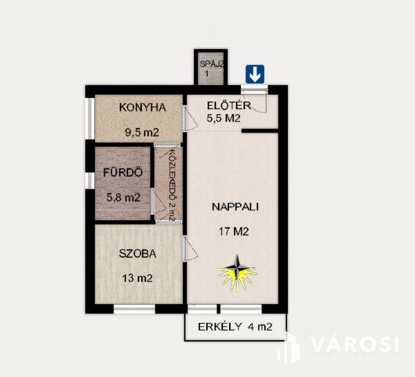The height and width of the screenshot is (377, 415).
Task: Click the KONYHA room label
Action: click(x=142, y=108)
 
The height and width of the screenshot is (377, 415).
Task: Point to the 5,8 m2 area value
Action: click(x=123, y=197)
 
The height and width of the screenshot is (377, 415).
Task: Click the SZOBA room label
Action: click(x=137, y=254)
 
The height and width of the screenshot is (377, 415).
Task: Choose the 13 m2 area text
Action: click(x=137, y=277)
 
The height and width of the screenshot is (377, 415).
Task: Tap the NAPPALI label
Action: click(x=235, y=207)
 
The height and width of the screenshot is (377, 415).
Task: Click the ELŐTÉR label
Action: click(x=228, y=105)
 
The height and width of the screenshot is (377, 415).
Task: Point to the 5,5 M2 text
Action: click(x=224, y=119)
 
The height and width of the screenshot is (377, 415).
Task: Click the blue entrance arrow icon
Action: click(x=255, y=74)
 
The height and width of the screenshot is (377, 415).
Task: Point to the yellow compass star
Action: click(x=237, y=273)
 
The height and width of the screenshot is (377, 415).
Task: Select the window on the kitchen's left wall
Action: click(x=90, y=119)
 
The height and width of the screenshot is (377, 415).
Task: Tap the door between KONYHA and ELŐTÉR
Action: click(x=185, y=118)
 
